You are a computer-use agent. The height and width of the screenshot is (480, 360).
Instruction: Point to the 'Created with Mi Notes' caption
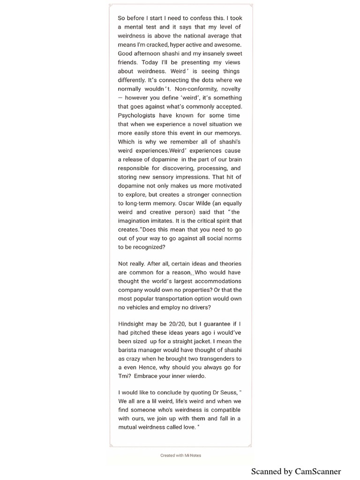tap(181, 455)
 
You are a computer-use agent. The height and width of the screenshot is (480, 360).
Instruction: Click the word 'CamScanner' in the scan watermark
tap(318, 472)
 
